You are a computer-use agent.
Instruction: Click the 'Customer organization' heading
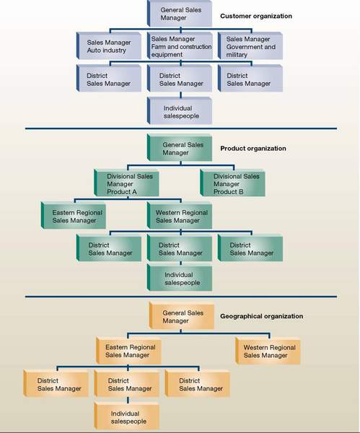(x=256, y=17)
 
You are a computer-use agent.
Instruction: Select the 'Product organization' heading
(x=253, y=149)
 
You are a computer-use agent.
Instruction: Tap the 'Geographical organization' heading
(x=261, y=316)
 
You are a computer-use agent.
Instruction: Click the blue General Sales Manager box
(x=180, y=14)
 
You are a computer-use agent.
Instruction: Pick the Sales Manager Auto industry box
(x=109, y=46)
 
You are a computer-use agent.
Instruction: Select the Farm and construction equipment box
(x=180, y=46)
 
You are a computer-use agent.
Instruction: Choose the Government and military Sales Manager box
(x=250, y=46)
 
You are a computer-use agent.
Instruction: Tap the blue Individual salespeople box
(x=180, y=110)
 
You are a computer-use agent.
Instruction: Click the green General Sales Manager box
(x=180, y=148)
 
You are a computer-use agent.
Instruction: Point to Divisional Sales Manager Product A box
(x=126, y=183)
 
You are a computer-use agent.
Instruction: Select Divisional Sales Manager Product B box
(x=233, y=183)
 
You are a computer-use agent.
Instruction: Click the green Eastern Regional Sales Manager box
(x=74, y=215)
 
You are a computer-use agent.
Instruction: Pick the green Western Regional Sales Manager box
(x=180, y=215)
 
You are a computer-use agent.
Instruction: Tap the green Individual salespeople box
(x=180, y=278)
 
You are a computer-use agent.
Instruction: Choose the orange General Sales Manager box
(x=182, y=315)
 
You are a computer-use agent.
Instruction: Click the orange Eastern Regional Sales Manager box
(x=128, y=351)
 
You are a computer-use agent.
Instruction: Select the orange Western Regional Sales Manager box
(x=268, y=351)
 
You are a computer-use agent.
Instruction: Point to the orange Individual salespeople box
(x=127, y=416)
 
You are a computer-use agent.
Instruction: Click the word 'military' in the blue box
(x=237, y=55)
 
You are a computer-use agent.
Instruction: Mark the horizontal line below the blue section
(x=181, y=128)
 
